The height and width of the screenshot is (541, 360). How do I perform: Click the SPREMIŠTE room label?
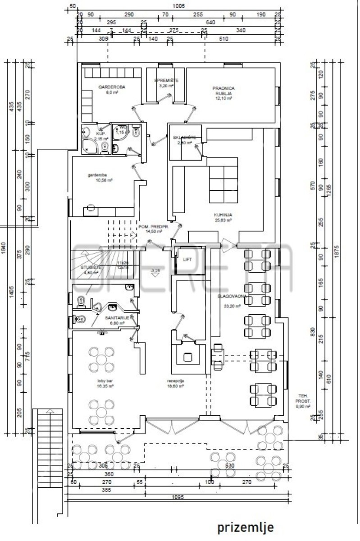tap(167, 80)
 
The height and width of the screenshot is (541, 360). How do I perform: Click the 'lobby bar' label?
tap(104, 381)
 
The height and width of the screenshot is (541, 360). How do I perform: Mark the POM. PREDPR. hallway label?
tap(153, 226)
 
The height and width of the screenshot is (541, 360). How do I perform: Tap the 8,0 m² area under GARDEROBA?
tap(112, 92)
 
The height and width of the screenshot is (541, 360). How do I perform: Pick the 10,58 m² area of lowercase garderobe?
tap(103, 179)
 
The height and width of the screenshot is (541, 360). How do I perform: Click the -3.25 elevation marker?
tap(155, 270)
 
